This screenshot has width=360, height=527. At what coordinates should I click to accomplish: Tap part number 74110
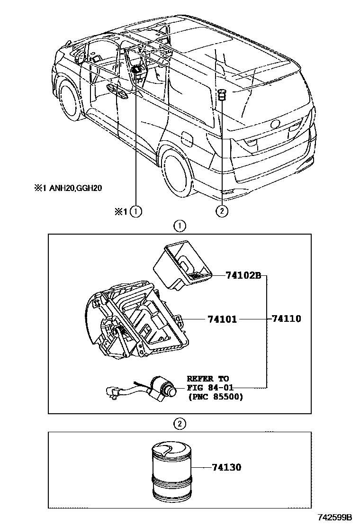tap(286, 319)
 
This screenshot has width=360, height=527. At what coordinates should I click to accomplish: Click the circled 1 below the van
tap(136, 211)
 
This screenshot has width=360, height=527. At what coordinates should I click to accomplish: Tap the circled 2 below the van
tap(222, 211)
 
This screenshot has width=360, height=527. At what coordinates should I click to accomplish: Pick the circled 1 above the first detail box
tap(179, 226)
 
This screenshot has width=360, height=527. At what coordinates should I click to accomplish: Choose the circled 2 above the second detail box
tap(179, 424)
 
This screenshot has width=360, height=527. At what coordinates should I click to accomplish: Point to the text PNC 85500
tap(216, 397)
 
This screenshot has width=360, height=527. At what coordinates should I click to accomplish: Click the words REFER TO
tap(207, 379)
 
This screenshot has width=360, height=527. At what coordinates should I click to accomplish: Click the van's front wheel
tap(67, 100)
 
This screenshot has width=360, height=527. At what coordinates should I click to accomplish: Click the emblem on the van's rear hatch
tap(275, 125)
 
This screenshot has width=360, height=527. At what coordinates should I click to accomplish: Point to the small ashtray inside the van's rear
tap(222, 95)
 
